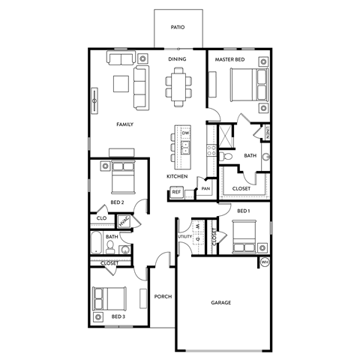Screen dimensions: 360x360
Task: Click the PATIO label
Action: [x=177, y=26]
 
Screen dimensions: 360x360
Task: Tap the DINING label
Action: [x=177, y=58]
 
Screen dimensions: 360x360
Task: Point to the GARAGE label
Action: [x=220, y=302]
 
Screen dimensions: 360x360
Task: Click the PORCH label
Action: [x=163, y=296]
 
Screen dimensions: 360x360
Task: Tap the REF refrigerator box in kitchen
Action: [x=177, y=193]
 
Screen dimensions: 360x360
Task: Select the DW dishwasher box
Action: [x=184, y=133]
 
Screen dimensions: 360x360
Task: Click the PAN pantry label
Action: [x=205, y=189]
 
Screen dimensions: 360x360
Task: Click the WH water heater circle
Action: [x=264, y=262]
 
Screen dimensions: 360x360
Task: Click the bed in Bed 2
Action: [x=121, y=177]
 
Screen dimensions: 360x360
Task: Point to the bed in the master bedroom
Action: [x=244, y=80]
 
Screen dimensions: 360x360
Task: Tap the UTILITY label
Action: [x=184, y=236]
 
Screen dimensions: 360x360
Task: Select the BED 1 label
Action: [x=243, y=211]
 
